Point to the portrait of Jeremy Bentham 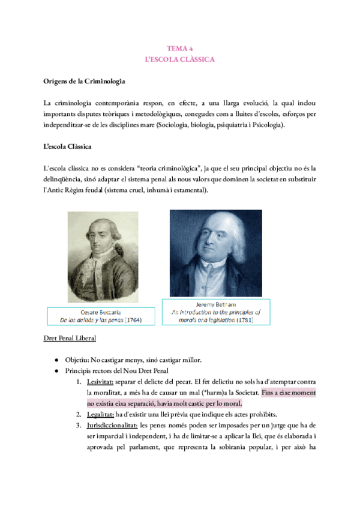pos(216,253)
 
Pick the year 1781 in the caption pos(244,320)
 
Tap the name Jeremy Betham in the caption pos(216,304)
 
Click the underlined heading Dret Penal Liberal pos(70,339)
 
